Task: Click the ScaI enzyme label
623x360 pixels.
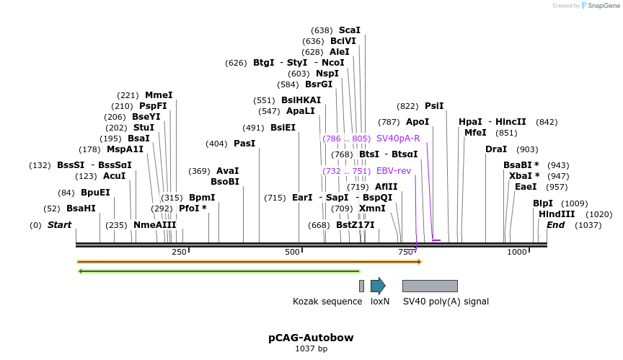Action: [350, 30]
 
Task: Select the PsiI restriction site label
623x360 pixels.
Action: [434, 105]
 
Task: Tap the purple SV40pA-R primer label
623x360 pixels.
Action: [398, 138]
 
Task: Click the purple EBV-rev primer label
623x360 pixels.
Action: [394, 171]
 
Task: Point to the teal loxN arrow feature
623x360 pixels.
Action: [378, 286]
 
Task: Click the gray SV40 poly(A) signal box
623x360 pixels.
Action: [430, 286]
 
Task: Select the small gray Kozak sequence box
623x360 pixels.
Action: [361, 286]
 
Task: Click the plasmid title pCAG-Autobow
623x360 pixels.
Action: [311, 338]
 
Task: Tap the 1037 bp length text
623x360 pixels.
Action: [311, 349]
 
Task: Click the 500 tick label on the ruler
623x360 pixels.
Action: [292, 252]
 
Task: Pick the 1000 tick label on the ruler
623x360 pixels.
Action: [517, 252]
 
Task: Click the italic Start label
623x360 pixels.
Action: [59, 225]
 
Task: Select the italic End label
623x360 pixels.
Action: [555, 225]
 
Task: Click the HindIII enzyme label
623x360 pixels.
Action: [557, 214]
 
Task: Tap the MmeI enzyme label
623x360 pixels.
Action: [159, 95]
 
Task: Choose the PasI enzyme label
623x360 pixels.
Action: [244, 144]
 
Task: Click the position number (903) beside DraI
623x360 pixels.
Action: [527, 149]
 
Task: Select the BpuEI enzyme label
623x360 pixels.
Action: [95, 193]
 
